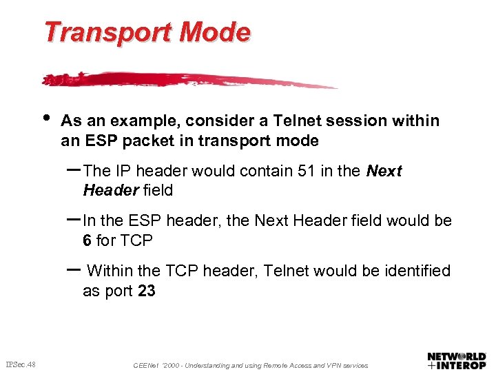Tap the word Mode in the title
pos(225,32)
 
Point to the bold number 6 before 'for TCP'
pos(87,240)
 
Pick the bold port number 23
pos(146,291)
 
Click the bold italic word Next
pos(384,171)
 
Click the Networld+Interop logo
pos(457,360)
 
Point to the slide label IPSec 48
pos(21,364)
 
